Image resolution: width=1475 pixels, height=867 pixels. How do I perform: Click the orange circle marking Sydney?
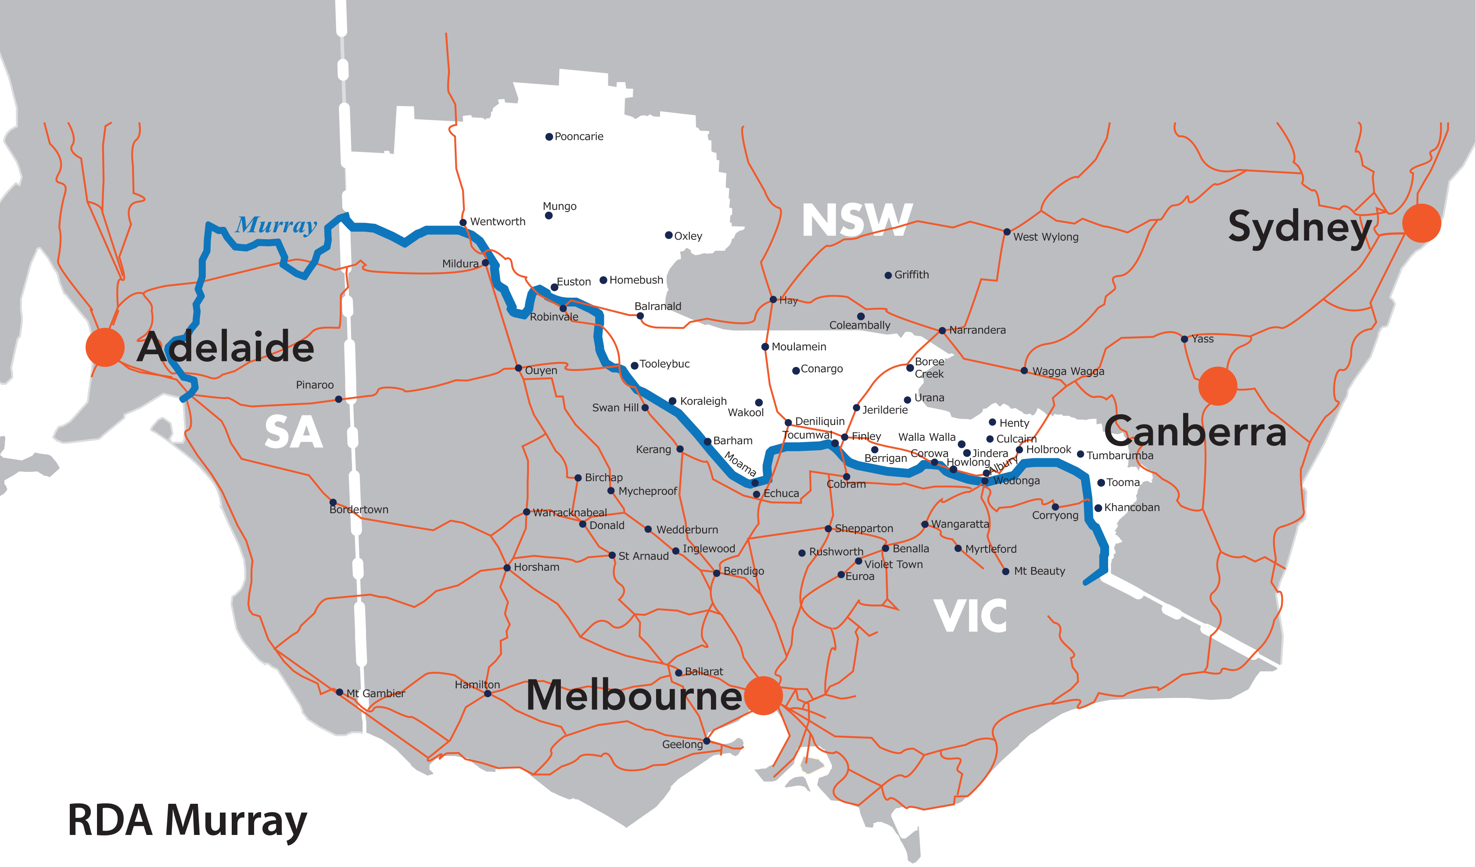coord(1421,223)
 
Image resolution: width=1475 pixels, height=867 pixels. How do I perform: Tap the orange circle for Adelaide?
coord(105,347)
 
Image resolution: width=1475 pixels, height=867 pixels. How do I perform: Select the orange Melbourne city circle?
coord(763,695)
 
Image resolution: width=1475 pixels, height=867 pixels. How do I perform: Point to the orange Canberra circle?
coord(1217,386)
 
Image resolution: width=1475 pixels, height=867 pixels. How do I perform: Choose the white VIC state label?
coord(970,616)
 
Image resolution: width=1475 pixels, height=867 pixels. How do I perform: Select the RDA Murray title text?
coord(187,821)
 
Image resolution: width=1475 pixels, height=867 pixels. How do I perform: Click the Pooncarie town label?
coord(578,137)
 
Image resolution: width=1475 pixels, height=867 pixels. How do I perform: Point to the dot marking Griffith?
coord(888,275)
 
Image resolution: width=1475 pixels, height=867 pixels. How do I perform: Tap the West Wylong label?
coord(1045,237)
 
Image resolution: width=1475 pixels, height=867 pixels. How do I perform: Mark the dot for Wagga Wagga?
coord(1024,371)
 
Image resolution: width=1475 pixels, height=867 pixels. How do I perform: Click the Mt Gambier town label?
coord(375,694)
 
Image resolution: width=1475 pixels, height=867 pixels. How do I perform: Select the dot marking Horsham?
coord(507,568)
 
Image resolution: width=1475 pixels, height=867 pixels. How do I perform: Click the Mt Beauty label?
coord(1039,572)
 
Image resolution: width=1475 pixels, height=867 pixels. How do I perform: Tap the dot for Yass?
coord(1184,339)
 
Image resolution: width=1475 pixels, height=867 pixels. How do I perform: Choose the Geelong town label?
coord(682,745)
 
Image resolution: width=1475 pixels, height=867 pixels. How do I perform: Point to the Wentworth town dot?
coord(463,223)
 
